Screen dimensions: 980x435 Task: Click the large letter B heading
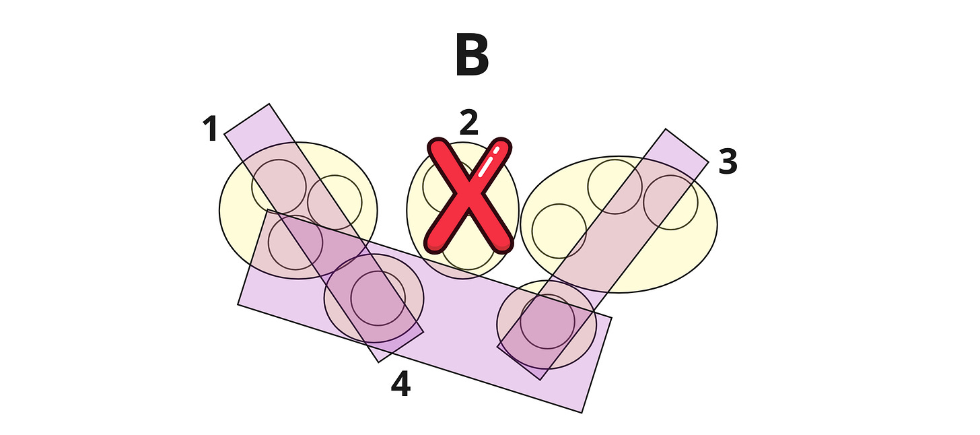[472, 56]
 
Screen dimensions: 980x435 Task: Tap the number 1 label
[211, 129]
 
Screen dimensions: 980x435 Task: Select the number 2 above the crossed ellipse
[468, 123]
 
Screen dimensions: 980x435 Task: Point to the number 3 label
[728, 162]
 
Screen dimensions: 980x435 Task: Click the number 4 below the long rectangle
[400, 385]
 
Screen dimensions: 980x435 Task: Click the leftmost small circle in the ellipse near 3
[559, 231]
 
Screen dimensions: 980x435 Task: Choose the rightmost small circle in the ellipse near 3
[670, 202]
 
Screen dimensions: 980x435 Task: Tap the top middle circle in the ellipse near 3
[615, 187]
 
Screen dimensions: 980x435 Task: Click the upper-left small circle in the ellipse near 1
[279, 187]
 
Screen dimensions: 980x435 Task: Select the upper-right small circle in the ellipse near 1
[335, 202]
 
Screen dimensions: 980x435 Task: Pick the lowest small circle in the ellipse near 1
[295, 242]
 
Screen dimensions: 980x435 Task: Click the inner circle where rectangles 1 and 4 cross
[378, 298]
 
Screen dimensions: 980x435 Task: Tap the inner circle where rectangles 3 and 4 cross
[547, 321]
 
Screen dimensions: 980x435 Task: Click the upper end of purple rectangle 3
[686, 145]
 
